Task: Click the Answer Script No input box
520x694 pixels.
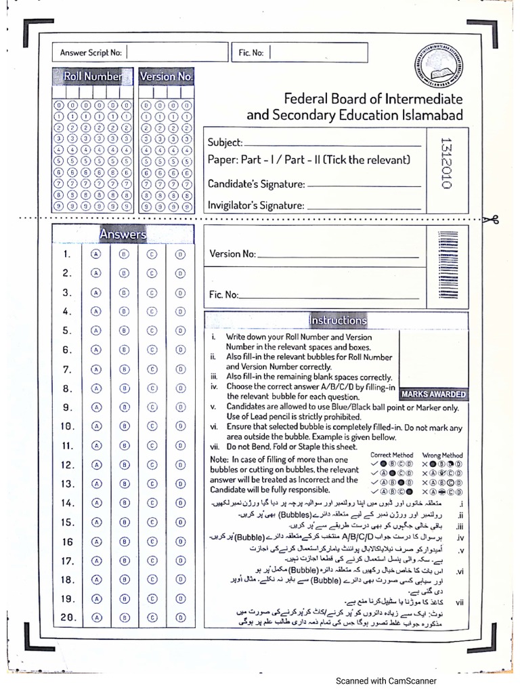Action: (176, 52)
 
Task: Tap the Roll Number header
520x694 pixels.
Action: (93, 77)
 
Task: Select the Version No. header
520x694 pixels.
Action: (167, 77)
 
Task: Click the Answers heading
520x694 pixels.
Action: (123, 234)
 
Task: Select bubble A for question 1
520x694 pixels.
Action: (96, 254)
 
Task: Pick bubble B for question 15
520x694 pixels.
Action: (124, 522)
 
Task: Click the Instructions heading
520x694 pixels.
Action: (337, 320)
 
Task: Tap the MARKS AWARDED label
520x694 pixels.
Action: (433, 394)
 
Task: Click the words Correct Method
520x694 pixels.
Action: (391, 455)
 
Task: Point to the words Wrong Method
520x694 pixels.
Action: (442, 455)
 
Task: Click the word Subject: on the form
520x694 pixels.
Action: (225, 142)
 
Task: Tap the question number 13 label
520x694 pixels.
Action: (67, 484)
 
